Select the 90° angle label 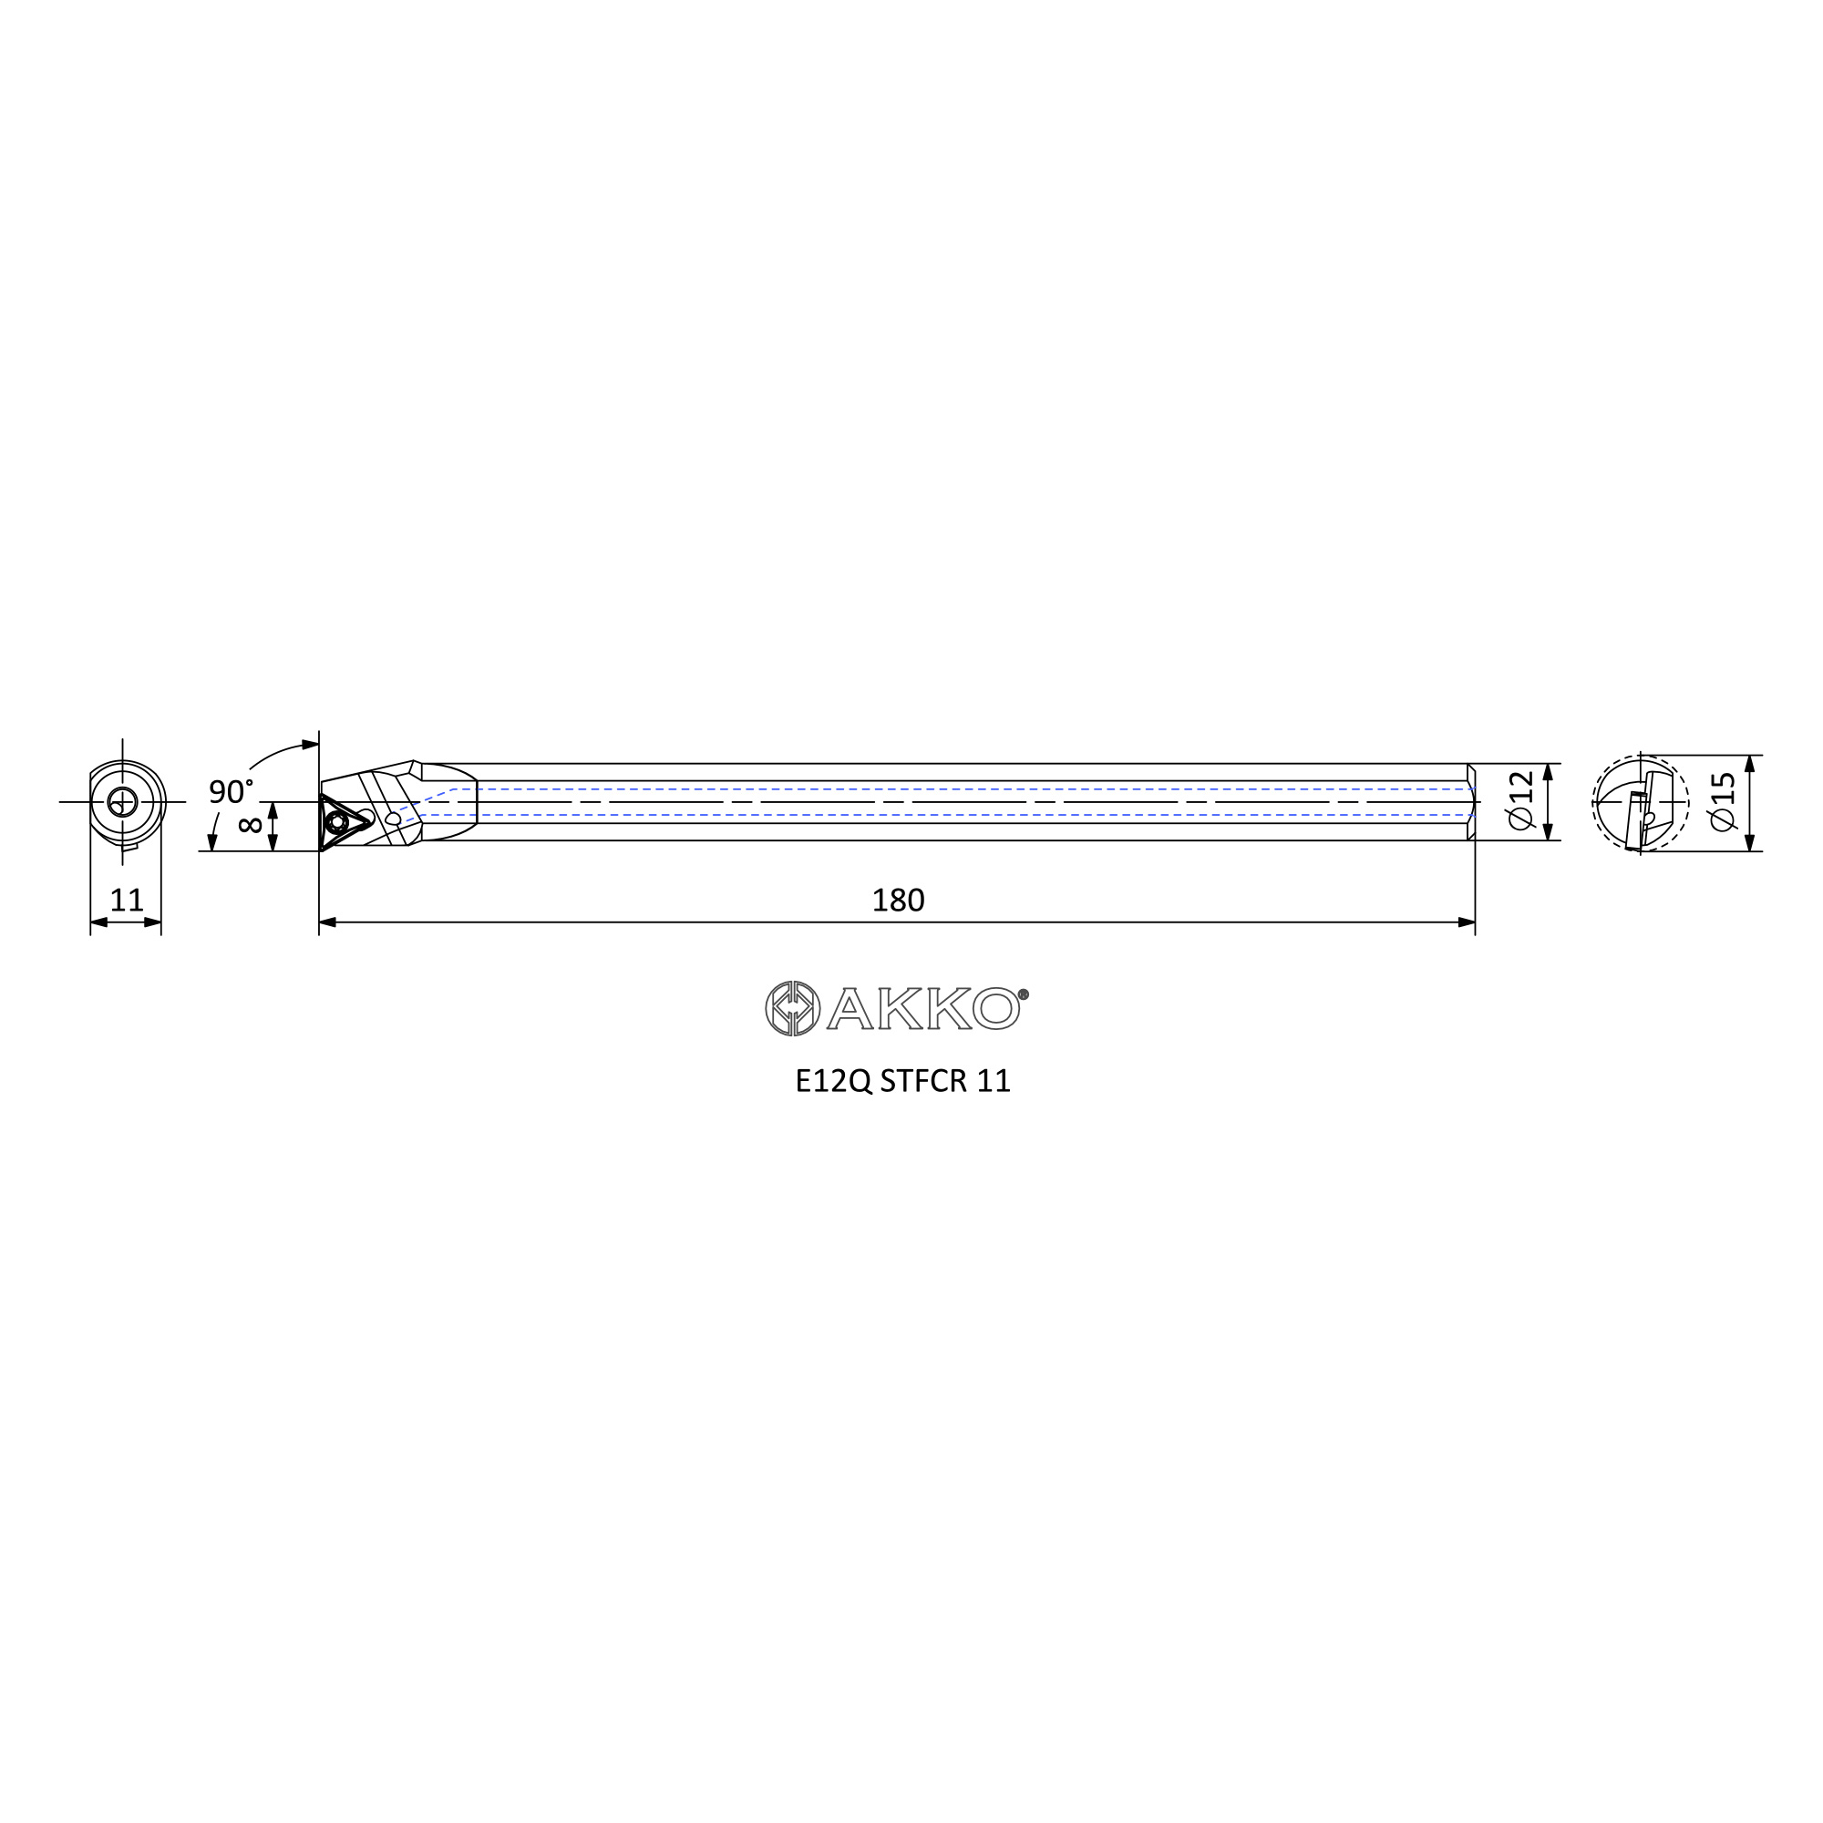tap(231, 792)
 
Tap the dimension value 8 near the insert tap(250, 824)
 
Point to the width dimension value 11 tap(127, 901)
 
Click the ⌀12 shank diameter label tap(1521, 801)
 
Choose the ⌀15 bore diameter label tap(1722, 802)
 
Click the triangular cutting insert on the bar tap(344, 822)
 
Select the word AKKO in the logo tap(923, 1009)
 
